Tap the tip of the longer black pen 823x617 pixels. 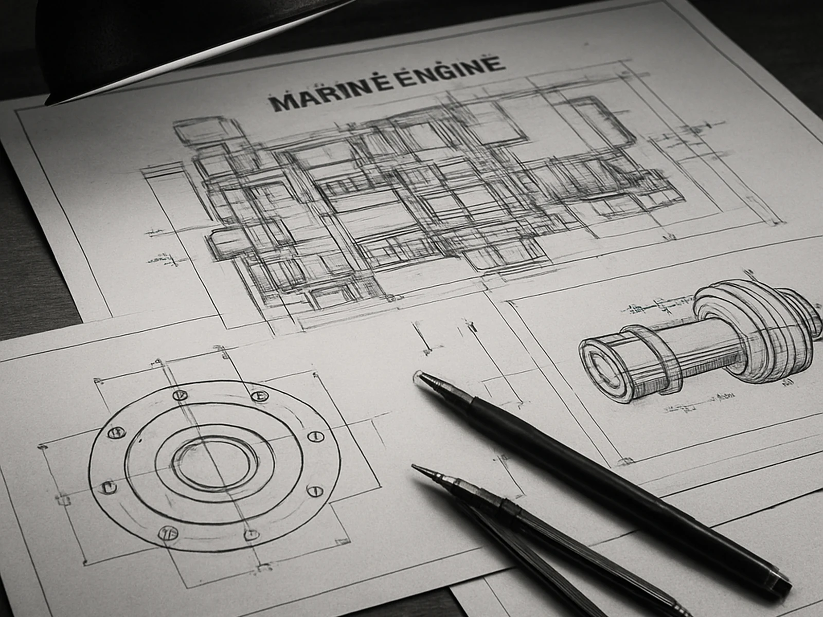[x=418, y=376]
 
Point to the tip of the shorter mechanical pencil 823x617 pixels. [x=415, y=467]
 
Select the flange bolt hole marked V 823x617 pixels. [x=180, y=395]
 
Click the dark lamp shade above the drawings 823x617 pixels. [x=154, y=36]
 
